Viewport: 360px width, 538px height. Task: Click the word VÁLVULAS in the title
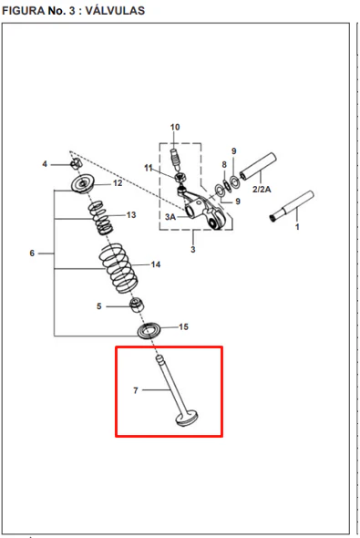tap(115, 11)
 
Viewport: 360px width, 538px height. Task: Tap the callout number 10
tap(175, 127)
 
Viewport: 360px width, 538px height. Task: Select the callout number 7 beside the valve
tap(136, 390)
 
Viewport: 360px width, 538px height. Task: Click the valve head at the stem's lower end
tap(187, 419)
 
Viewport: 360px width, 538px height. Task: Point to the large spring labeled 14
tap(118, 268)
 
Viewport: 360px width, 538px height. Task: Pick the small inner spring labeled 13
tap(99, 218)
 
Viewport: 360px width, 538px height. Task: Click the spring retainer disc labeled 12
tap(83, 184)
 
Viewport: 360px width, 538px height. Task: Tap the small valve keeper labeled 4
tap(76, 164)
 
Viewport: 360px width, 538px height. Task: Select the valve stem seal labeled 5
tap(137, 305)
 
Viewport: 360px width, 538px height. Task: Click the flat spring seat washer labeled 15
tap(149, 331)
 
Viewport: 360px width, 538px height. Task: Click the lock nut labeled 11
tap(180, 178)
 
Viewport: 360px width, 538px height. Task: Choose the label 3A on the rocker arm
tap(170, 217)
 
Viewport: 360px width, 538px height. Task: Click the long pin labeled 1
tap(293, 206)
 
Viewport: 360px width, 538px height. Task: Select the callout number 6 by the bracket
tap(32, 253)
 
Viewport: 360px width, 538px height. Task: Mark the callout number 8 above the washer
tap(224, 165)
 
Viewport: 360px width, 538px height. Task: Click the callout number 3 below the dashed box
tap(193, 250)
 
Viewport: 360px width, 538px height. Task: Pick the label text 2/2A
tap(262, 189)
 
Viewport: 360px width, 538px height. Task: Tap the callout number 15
tap(183, 326)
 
